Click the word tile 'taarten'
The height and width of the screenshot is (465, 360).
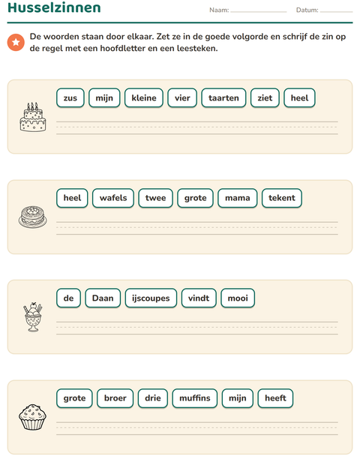click(223, 97)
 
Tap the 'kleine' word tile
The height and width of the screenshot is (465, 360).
click(144, 97)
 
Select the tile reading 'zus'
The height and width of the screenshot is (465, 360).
click(70, 97)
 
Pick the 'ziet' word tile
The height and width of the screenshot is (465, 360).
click(265, 97)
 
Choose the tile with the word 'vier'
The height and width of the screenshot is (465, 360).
click(182, 97)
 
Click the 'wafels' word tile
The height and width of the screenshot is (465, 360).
click(113, 198)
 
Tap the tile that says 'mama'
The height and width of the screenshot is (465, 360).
click(238, 198)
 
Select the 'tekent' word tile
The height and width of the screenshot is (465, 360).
click(282, 198)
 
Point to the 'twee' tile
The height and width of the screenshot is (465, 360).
click(156, 198)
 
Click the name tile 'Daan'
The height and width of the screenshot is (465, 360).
click(103, 298)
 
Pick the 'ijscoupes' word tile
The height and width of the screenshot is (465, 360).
click(151, 298)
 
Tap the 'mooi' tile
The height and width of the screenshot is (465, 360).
click(238, 298)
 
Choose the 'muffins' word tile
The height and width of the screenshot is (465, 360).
click(195, 398)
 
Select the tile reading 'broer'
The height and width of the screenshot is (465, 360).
click(115, 398)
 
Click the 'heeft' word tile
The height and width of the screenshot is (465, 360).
click(275, 398)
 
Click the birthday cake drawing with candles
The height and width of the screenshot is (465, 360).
click(33, 117)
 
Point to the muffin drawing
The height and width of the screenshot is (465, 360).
click(32, 417)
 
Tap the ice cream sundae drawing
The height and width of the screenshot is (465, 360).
click(33, 316)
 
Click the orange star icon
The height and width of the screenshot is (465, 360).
click(16, 43)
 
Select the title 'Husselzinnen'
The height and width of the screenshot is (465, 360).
click(54, 7)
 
